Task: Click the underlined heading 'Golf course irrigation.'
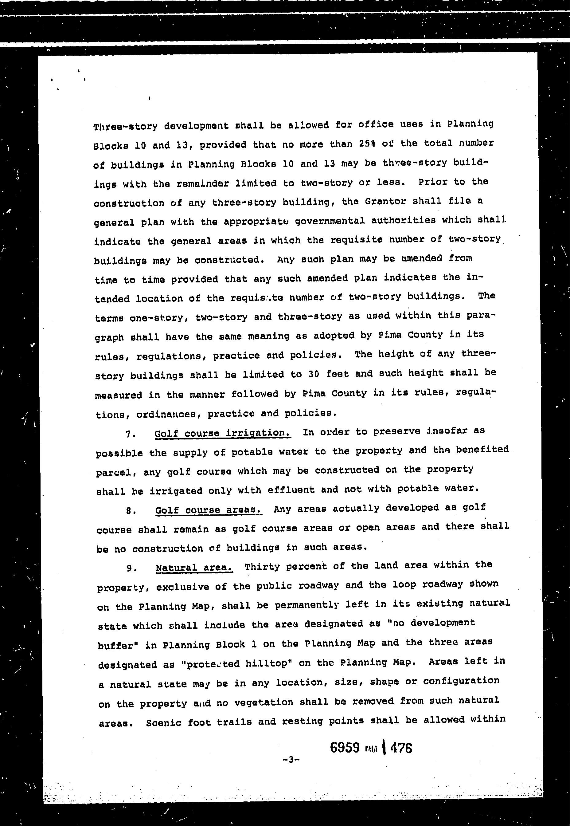222,433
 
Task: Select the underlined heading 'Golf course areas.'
209,509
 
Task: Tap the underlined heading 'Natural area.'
194,568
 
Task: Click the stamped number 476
401,748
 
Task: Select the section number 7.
130,435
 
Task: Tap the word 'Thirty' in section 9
262,567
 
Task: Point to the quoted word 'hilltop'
267,663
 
